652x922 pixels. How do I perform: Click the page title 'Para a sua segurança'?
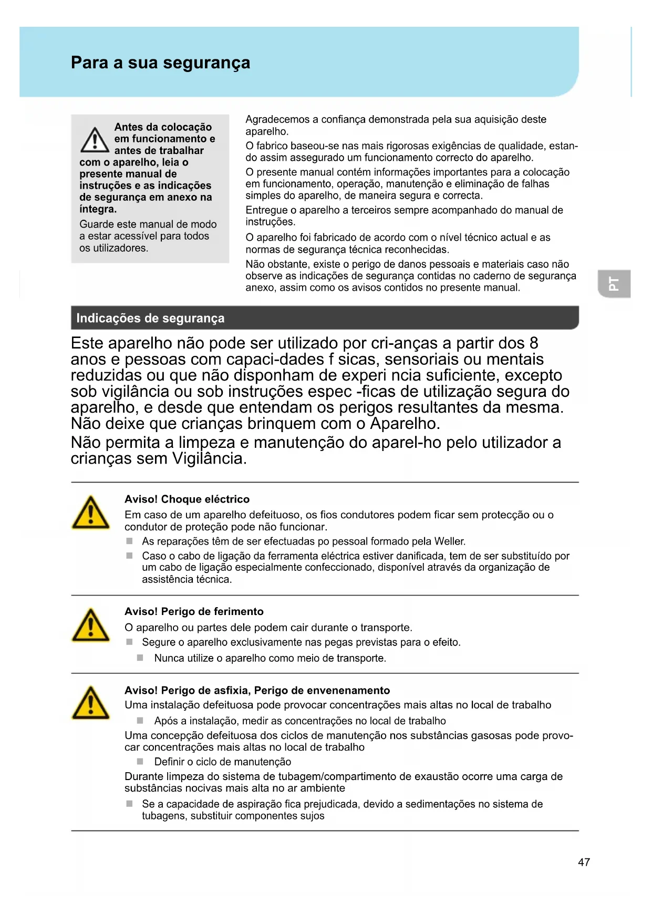point(160,63)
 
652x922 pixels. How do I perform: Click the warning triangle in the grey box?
point(95,139)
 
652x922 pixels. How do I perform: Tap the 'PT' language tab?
point(614,284)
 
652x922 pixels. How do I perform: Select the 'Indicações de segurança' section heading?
point(150,318)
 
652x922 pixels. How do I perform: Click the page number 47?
point(584,862)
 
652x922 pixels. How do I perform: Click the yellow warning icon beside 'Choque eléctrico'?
point(91,513)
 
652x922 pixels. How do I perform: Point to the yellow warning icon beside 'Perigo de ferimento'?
point(91,626)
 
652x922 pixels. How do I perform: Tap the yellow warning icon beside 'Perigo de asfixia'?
point(91,703)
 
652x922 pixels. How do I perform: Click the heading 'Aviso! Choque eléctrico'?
point(187,499)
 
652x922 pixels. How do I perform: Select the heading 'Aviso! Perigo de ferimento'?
point(194,611)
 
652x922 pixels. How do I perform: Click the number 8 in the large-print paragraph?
point(534,343)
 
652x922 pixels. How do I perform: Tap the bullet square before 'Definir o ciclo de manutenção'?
point(140,761)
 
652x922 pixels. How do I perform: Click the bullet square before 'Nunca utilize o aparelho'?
point(140,658)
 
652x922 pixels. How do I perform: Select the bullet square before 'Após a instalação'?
point(140,720)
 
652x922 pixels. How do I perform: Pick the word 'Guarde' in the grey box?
point(96,224)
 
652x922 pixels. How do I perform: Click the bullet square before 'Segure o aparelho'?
point(129,642)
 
